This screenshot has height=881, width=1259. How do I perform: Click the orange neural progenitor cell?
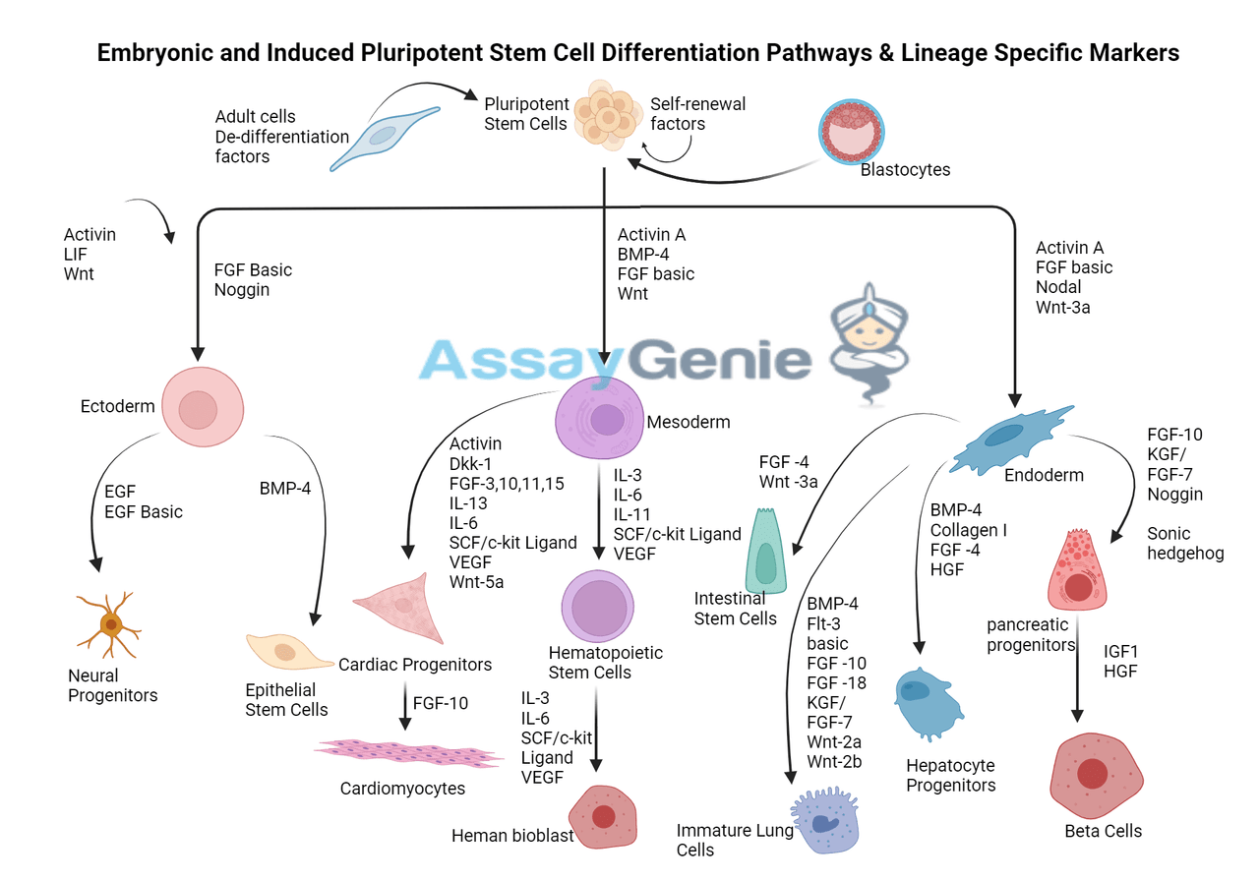click(109, 624)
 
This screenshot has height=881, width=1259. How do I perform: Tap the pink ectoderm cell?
click(201, 407)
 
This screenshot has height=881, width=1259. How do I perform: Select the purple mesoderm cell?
click(599, 419)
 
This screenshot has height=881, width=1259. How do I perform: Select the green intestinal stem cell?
click(767, 553)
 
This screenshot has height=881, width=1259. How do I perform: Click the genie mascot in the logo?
click(868, 334)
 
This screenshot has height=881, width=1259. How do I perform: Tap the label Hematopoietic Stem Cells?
click(605, 663)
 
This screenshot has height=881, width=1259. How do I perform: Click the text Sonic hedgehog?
click(1185, 543)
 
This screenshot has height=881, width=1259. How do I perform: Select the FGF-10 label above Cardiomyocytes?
click(440, 704)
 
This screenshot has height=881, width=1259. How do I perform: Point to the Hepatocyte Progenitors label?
click(950, 775)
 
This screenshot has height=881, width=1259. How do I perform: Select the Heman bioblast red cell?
click(604, 816)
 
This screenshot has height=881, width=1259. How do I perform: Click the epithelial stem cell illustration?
click(290, 652)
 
